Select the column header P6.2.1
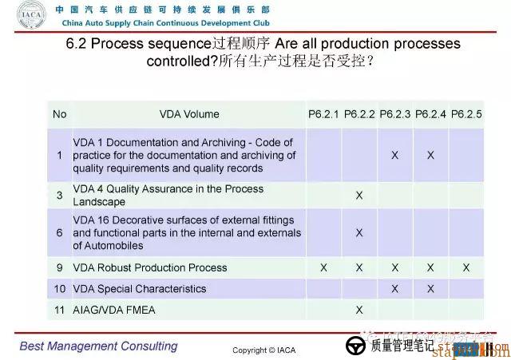pos(323,114)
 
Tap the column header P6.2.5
pos(466,114)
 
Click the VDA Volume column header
pos(189,114)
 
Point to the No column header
pos(60,114)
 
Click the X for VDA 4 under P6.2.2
pos(359,196)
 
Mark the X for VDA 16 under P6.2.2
pos(359,232)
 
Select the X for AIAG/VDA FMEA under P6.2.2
pos(359,310)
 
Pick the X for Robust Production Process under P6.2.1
pos(323,268)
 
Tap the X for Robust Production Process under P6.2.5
pos(466,268)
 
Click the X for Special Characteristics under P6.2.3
pos(395,289)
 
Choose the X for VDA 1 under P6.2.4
pos(430,155)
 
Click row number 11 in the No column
pos(60,310)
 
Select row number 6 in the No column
pos(60,232)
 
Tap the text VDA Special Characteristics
pos(140,289)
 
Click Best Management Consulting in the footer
pos(99,346)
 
